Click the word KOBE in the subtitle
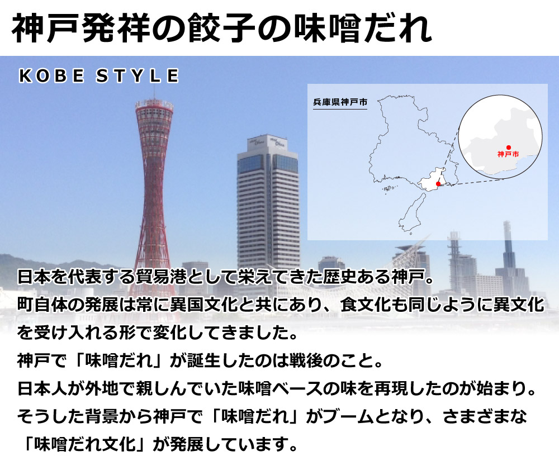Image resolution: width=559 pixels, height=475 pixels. [51, 76]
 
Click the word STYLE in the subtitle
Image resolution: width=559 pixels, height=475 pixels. [138, 76]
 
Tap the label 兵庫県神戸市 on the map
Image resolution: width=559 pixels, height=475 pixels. [340, 102]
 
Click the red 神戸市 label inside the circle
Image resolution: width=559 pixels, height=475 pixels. [508, 154]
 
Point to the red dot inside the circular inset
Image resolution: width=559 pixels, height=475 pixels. [508, 148]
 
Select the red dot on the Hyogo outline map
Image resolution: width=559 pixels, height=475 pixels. [438, 184]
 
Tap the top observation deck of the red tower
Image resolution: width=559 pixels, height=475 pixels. [154, 106]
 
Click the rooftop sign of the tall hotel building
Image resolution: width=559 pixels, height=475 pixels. [268, 141]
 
